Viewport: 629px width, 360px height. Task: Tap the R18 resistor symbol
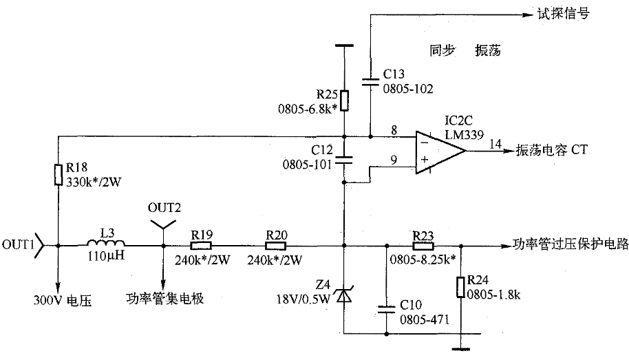click(58, 175)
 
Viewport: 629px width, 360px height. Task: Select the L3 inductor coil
click(106, 242)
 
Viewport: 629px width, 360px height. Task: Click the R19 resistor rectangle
click(200, 246)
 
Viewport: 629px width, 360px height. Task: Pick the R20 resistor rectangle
click(276, 246)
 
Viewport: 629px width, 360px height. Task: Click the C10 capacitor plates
click(387, 309)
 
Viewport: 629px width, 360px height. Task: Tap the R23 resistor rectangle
click(423, 246)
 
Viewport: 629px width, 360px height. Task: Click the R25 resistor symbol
click(344, 100)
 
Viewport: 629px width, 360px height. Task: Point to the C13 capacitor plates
click(370, 83)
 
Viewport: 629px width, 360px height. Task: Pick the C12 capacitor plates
click(344, 160)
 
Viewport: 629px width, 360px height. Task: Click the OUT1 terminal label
click(18, 244)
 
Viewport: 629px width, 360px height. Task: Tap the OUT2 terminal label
click(164, 207)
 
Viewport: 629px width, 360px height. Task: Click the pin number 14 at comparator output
click(495, 144)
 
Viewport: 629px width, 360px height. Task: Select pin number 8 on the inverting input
click(394, 130)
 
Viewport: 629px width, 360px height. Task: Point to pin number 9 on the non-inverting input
click(394, 160)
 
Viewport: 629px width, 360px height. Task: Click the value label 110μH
click(106, 255)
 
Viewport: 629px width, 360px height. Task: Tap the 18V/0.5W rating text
click(303, 299)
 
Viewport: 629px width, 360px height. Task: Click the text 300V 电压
click(63, 300)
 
